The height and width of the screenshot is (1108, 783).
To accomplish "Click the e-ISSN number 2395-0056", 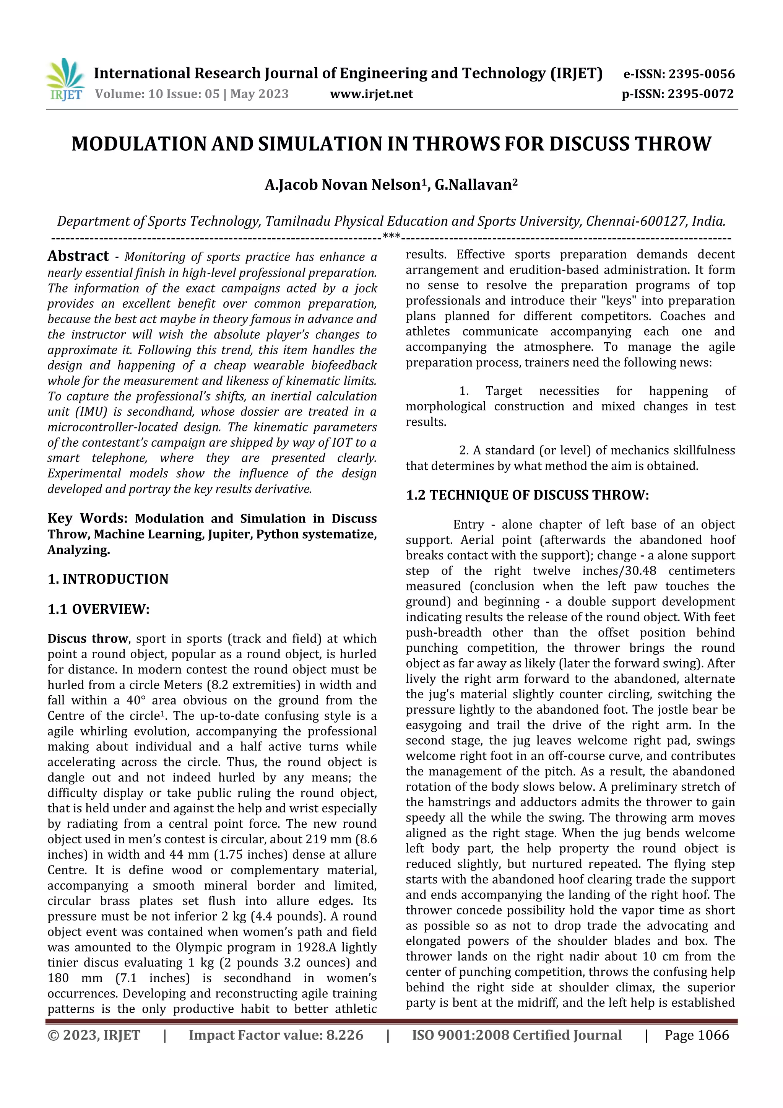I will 702,74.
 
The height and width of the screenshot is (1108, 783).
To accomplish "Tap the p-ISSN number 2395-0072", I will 700,94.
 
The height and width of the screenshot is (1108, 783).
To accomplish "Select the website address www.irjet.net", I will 372,94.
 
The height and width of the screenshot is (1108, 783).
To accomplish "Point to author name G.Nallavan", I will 473,185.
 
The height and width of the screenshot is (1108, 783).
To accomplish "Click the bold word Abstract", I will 78,256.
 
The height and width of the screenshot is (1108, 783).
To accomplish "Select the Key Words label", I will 87,518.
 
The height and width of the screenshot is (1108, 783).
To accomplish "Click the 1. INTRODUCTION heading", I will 108,579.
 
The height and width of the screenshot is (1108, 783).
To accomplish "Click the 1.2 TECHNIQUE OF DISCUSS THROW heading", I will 527,495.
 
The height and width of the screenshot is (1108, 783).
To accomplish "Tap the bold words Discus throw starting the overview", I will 87,639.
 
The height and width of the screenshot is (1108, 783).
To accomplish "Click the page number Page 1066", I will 696,1035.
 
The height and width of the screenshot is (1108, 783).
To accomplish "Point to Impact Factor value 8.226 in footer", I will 276,1035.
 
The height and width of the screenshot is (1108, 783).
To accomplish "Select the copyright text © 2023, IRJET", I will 94,1035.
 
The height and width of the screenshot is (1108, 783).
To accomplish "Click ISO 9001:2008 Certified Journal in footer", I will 517,1035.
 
